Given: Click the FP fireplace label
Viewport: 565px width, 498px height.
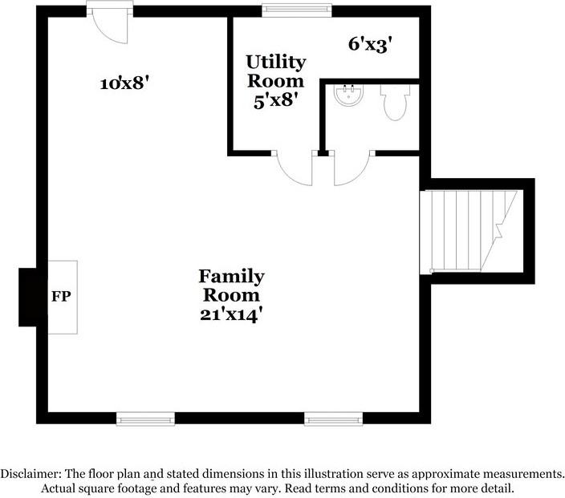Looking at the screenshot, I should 61,297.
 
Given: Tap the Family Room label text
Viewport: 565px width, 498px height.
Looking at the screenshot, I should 231,285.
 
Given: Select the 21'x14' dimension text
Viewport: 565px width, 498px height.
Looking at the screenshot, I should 231,315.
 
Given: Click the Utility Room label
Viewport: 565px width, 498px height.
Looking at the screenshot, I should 275,71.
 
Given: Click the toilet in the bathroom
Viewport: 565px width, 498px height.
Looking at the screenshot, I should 395,103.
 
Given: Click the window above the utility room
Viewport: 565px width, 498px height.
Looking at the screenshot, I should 297,10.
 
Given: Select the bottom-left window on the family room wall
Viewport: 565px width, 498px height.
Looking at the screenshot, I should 145,418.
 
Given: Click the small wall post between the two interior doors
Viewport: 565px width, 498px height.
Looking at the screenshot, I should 323,152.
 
